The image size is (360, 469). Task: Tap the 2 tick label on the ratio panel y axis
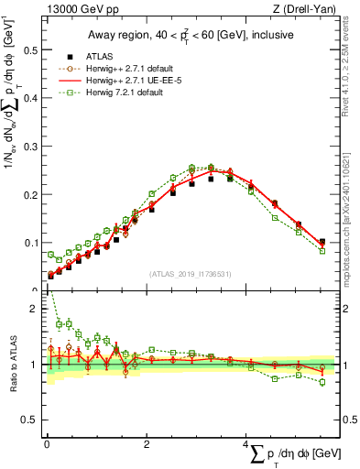34,309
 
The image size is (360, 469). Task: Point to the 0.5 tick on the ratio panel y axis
29,419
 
